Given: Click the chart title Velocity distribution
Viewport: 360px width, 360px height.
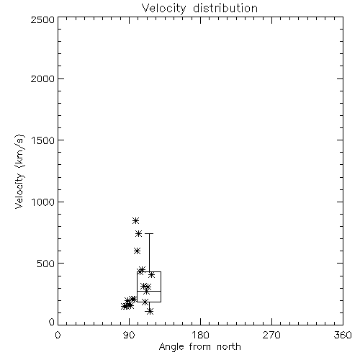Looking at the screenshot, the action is [199, 9].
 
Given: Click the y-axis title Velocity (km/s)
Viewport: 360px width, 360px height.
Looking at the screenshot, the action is [19, 171].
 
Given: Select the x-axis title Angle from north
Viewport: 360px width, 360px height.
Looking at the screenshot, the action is [199, 347].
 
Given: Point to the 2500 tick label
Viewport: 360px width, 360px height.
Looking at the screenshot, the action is [42, 19].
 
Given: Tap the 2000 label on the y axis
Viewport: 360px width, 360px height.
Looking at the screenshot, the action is [42, 78].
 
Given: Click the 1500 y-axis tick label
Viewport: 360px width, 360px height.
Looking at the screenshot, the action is [43, 140].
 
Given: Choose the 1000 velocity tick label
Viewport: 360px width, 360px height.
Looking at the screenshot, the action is [43, 202].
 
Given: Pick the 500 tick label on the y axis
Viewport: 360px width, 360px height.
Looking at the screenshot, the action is [45, 264].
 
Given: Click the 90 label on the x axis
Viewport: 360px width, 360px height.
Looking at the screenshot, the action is [129, 335].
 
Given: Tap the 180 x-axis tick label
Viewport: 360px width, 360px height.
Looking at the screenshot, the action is [200, 335].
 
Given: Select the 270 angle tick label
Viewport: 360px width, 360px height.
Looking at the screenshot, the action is [271, 335].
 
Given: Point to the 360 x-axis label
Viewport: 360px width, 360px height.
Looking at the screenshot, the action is [343, 335].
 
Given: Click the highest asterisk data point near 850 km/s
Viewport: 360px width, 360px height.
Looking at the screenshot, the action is [136, 220].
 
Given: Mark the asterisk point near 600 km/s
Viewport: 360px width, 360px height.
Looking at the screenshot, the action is [137, 251].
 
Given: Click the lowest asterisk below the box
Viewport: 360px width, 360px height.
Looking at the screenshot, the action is [150, 312].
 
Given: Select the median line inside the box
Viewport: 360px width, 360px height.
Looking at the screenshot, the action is [149, 291].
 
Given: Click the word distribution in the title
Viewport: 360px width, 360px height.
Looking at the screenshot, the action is [225, 8].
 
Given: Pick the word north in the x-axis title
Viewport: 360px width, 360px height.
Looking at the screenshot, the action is [229, 347].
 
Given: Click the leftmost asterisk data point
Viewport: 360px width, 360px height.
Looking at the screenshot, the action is [125, 306].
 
